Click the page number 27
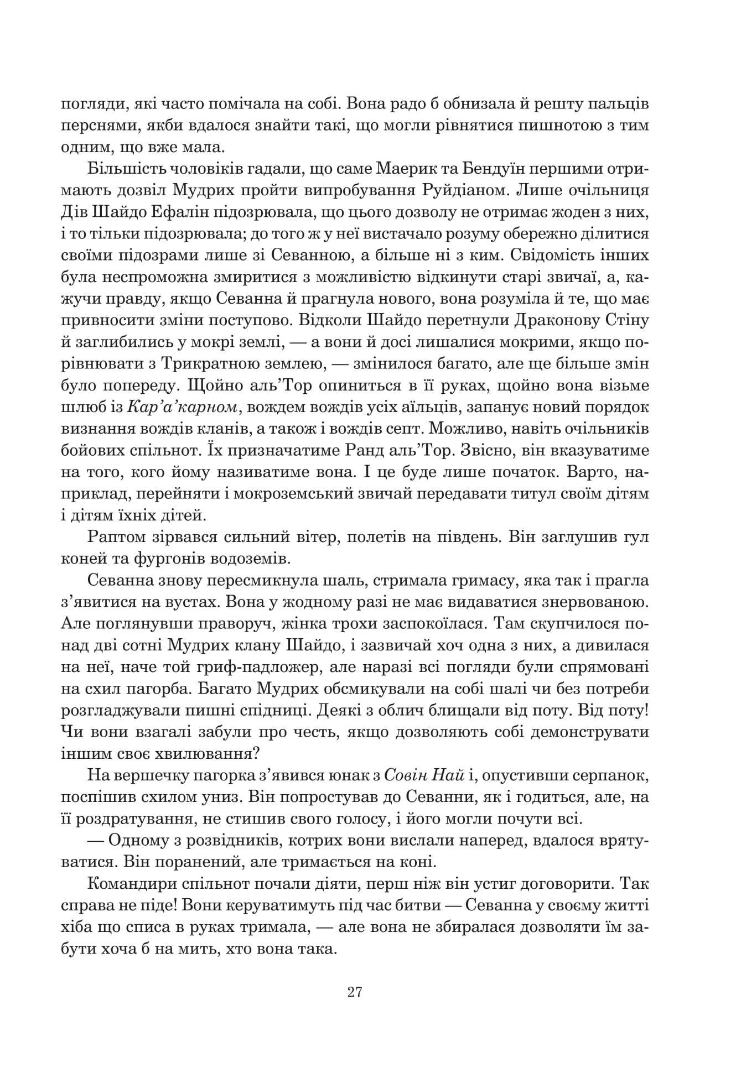point(355,992)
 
